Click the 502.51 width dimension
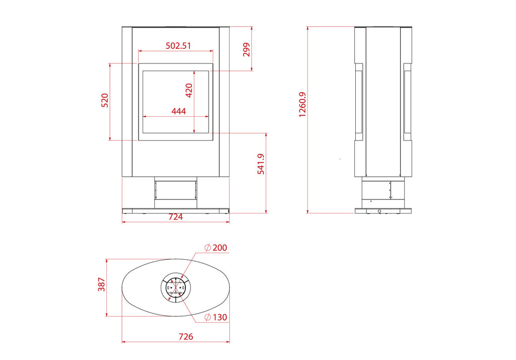178,46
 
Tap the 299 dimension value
246,50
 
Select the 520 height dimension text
105,101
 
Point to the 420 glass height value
189,91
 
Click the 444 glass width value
179,111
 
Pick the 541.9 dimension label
261,164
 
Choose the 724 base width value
175,217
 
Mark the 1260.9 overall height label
302,105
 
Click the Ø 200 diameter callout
216,248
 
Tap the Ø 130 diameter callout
216,317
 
